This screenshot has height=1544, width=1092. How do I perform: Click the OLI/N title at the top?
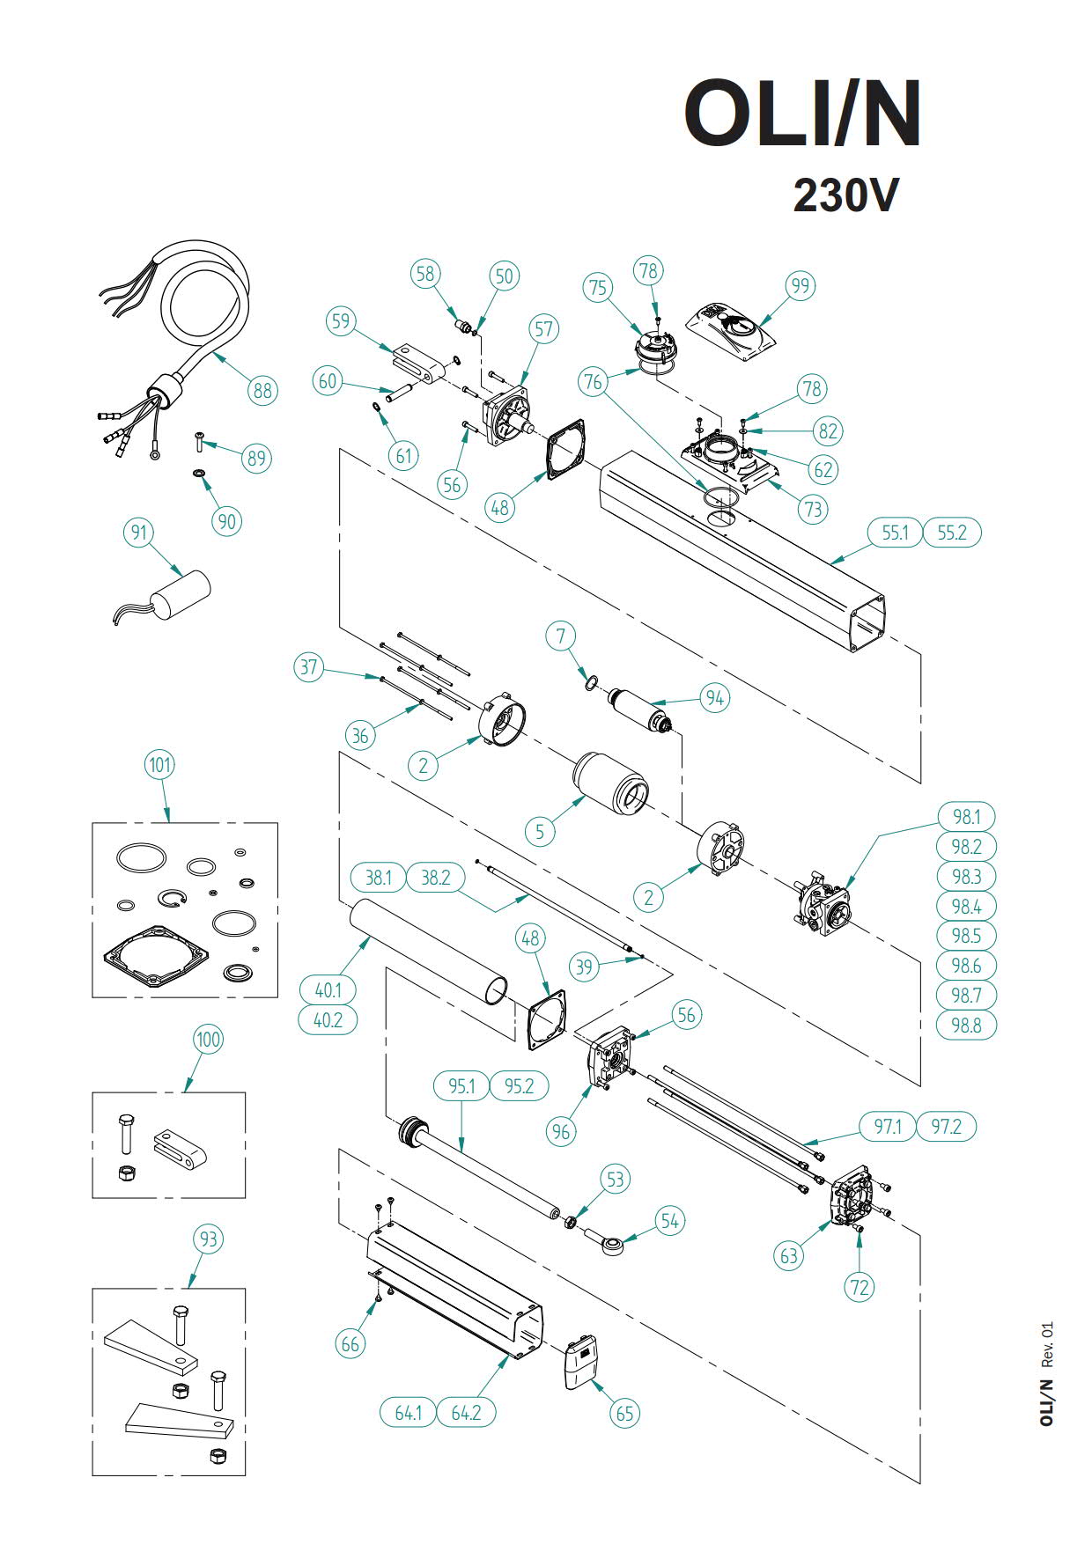pyautogui.click(x=803, y=114)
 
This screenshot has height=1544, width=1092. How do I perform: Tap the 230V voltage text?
pyautogui.click(x=845, y=195)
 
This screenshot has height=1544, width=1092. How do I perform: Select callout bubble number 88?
pyautogui.click(x=262, y=390)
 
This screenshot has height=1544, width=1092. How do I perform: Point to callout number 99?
pyautogui.click(x=800, y=286)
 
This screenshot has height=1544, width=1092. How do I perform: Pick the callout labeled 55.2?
pyautogui.click(x=951, y=533)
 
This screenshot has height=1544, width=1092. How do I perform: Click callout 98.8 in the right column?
pyautogui.click(x=966, y=1025)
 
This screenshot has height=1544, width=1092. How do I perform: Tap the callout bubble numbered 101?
pyautogui.click(x=159, y=764)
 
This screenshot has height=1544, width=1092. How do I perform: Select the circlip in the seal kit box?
pyautogui.click(x=173, y=899)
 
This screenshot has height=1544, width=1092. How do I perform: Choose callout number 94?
pyautogui.click(x=714, y=698)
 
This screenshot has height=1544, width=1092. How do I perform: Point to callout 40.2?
pyautogui.click(x=328, y=1019)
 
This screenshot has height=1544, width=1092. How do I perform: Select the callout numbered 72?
pyautogui.click(x=860, y=1287)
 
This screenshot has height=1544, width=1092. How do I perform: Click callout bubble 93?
pyautogui.click(x=208, y=1239)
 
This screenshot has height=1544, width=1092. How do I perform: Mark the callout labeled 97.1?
pyautogui.click(x=888, y=1126)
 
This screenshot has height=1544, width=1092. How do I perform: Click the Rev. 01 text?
pyautogui.click(x=1047, y=1344)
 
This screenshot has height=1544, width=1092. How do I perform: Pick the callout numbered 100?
pyautogui.click(x=208, y=1039)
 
